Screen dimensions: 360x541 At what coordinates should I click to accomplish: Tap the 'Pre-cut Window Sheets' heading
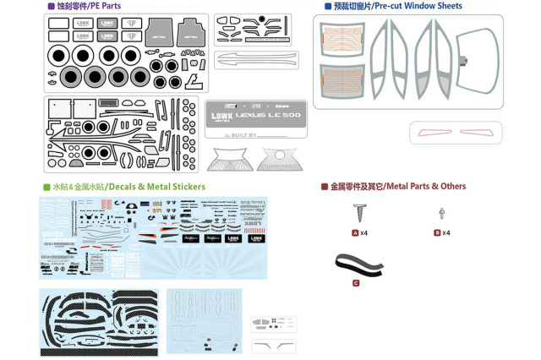pos(397,6)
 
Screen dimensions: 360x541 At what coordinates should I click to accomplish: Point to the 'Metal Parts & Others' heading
pos(397,186)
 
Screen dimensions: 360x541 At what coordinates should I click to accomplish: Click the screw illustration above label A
pos(358,212)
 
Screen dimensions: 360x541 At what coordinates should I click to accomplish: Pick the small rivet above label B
pos(441,214)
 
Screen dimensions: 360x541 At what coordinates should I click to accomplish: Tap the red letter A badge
pos(355,232)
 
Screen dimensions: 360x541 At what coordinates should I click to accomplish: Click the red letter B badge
pos(437,232)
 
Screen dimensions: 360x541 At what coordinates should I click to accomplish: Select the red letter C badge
pos(356,283)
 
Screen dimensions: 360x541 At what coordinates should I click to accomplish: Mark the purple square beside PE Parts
pos(51,6)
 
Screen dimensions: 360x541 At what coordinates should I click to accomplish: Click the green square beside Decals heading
pos(46,187)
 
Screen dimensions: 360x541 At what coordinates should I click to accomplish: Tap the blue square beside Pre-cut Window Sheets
pos(328,6)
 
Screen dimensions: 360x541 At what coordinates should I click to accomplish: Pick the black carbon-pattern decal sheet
pos(99,321)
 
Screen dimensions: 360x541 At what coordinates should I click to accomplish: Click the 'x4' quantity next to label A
pos(364,232)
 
